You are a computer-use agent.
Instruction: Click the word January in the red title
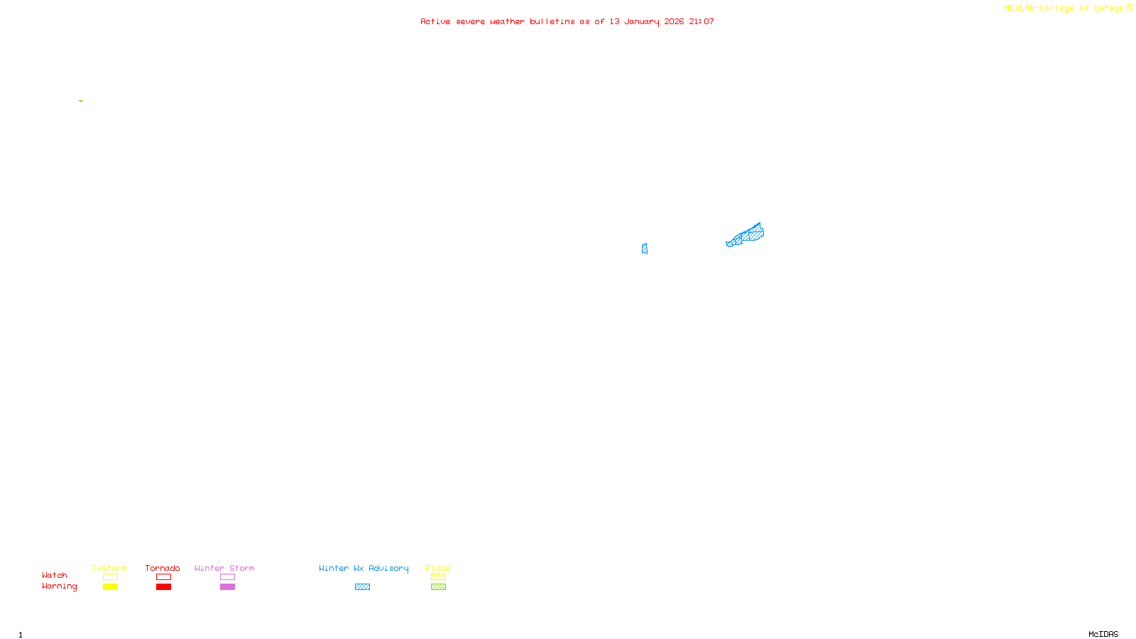(x=641, y=22)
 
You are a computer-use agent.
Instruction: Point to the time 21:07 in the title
(x=701, y=22)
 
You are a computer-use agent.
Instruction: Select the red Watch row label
(x=55, y=576)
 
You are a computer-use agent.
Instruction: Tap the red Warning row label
(x=59, y=586)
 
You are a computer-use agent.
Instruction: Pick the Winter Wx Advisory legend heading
(x=364, y=568)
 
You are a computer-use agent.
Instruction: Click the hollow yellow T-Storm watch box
(x=110, y=577)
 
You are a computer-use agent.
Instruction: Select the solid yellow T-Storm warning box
(x=110, y=587)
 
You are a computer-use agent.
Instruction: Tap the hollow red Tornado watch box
(x=163, y=577)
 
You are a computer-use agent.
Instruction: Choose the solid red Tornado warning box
(x=163, y=587)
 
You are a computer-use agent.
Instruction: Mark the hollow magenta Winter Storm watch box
(x=227, y=577)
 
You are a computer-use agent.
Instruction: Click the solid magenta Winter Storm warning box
(x=227, y=587)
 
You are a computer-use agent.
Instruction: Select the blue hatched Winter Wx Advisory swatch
(x=362, y=587)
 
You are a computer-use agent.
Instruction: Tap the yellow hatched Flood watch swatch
(x=438, y=577)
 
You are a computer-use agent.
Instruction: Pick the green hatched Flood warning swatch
(x=438, y=587)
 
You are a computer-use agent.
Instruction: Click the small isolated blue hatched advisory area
(x=644, y=248)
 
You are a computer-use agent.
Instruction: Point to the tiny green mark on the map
(x=81, y=101)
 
